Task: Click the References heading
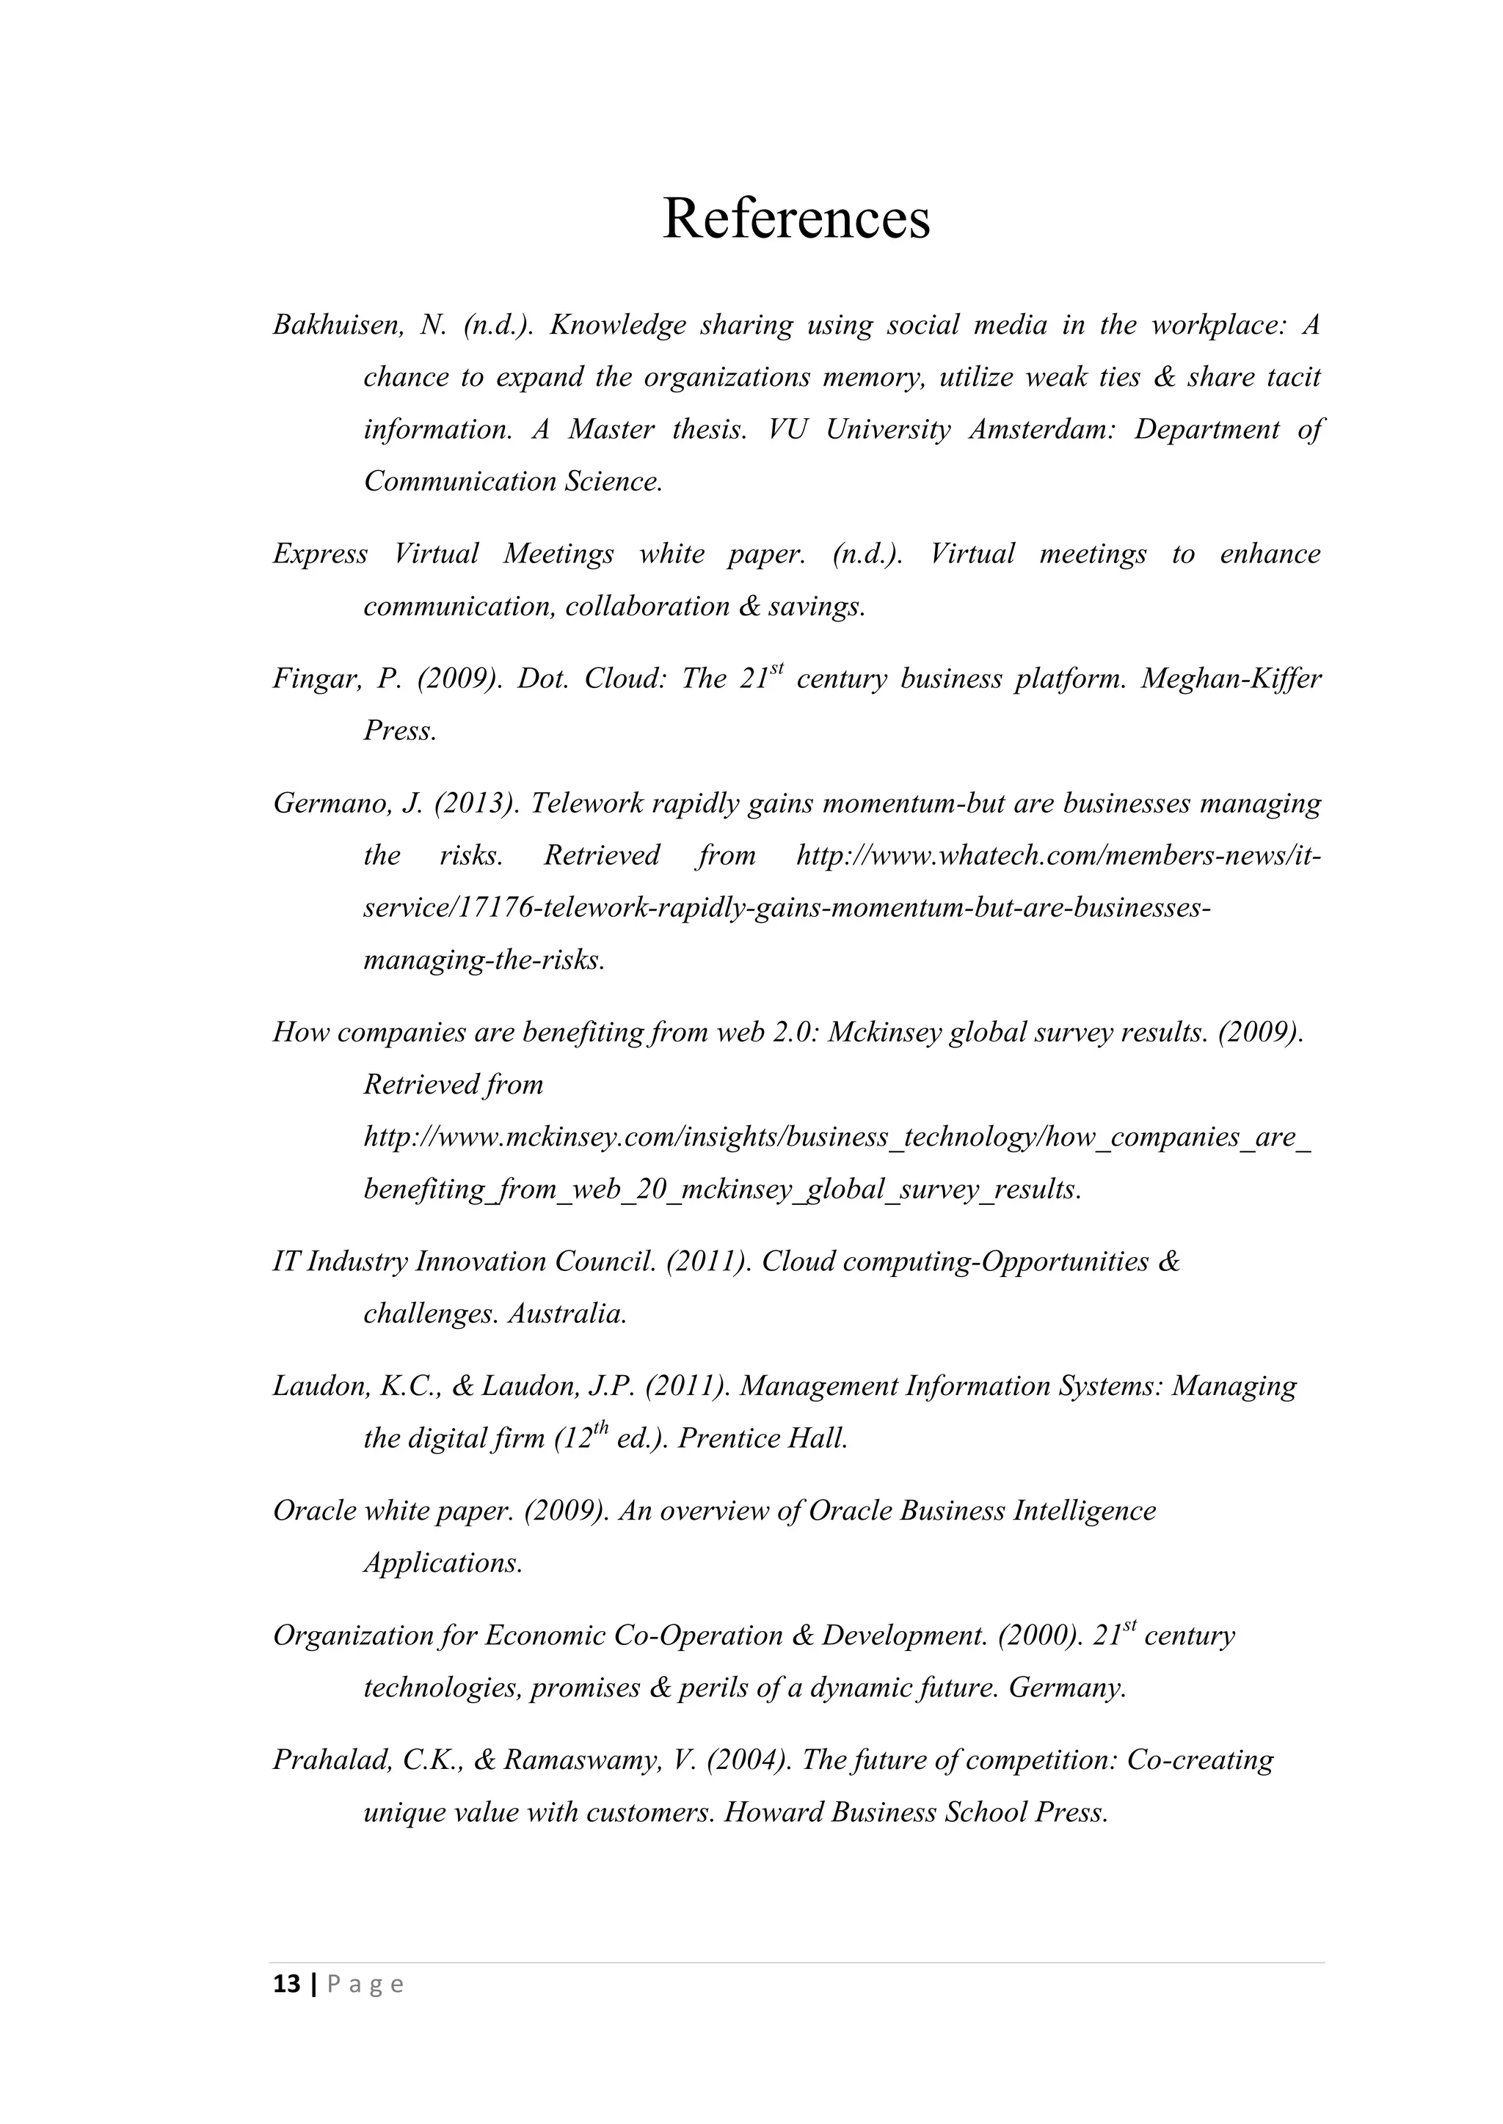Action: (796, 219)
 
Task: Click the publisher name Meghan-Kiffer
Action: (1230, 680)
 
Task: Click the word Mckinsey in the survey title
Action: (884, 1033)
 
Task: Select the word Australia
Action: (567, 1314)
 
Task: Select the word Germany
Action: (1067, 1688)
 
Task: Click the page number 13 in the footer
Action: (287, 1985)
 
